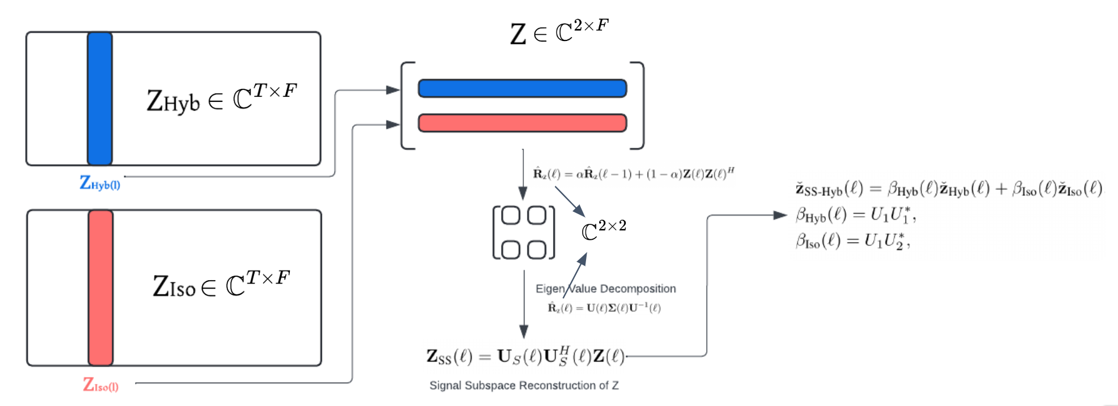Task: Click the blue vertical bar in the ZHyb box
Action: [100, 99]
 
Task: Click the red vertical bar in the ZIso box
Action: [100, 288]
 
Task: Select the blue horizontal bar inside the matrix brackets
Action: [522, 88]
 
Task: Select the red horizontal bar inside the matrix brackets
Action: [522, 123]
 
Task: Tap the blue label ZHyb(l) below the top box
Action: [100, 183]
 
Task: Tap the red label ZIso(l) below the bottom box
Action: [101, 386]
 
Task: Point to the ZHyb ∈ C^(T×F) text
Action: [222, 99]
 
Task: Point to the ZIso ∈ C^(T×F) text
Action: [222, 284]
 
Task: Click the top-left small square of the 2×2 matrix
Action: [510, 216]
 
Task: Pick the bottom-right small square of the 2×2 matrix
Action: [537, 249]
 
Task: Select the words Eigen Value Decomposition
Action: [605, 289]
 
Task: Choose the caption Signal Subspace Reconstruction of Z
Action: [524, 386]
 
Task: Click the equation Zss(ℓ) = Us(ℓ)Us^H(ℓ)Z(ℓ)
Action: [525, 356]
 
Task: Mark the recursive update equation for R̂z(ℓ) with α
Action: [633, 174]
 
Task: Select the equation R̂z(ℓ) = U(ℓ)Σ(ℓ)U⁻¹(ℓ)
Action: [604, 308]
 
